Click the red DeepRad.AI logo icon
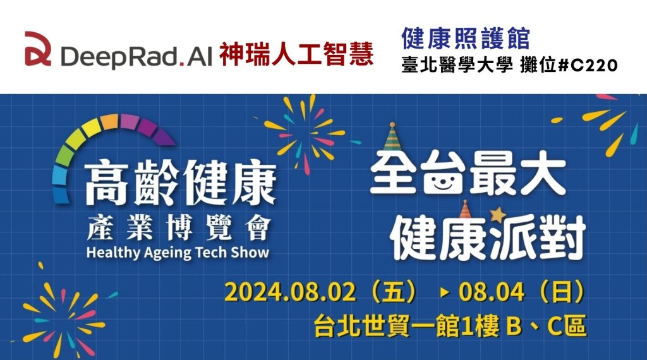pos(38,49)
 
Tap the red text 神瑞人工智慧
pos(296,54)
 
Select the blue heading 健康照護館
pos(466,39)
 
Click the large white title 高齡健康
pos(180,183)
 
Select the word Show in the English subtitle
pos(250,252)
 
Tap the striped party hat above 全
pos(391,136)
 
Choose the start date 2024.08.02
pos(290,292)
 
